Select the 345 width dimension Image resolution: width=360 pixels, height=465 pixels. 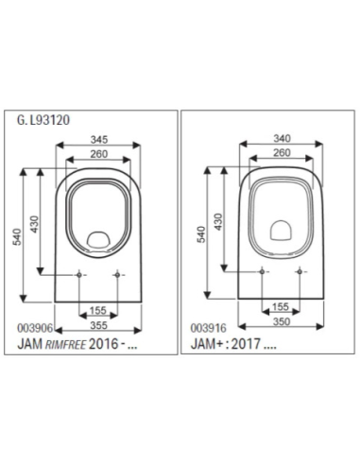pos(98,139)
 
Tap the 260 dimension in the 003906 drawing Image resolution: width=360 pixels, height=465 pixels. pos(98,154)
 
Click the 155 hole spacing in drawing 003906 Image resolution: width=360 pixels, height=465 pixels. pos(98,309)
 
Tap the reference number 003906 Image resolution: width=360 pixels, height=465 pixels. pos(34,324)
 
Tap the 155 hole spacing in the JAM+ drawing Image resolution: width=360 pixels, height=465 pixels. pos(281,307)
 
